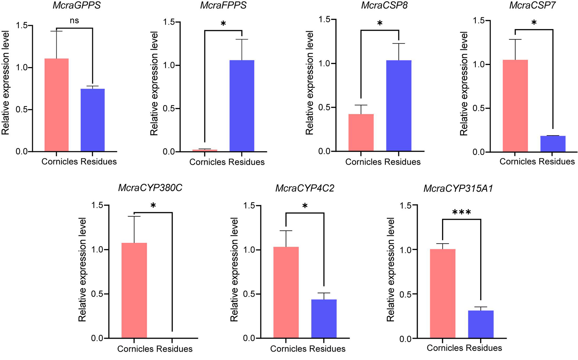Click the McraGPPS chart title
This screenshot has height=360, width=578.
pos(76,6)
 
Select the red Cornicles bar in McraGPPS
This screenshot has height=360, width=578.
pos(57,105)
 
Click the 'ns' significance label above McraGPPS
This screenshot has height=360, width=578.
pos(74,21)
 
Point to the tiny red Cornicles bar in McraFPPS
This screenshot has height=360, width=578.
pos(205,150)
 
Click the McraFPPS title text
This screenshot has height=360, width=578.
pos(223,6)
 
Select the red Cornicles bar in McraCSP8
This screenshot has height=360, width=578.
pos(361,132)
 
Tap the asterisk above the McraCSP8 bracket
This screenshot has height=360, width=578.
pos(380,23)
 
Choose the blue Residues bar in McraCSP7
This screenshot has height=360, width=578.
pos(553,144)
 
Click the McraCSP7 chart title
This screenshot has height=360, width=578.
pos(532,6)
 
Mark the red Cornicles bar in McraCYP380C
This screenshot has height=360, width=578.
pos(134,290)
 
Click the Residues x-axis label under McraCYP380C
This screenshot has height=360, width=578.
pos(174,349)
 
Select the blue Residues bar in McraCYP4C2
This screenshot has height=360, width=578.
pos(324,318)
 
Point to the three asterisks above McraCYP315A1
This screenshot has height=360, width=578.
pos(462,212)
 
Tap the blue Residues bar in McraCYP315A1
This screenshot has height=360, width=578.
pos(481,324)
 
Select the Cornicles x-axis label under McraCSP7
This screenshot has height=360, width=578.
pos(518,161)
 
